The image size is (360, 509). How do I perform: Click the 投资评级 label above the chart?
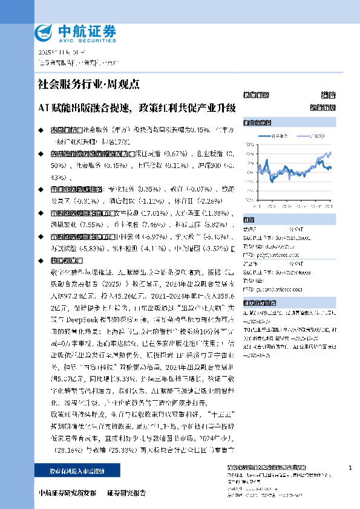click(x=252, y=95)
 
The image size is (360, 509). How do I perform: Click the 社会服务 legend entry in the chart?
click(x=278, y=136)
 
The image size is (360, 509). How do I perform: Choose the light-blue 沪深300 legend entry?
click(x=315, y=136)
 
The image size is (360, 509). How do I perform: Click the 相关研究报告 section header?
click(x=257, y=303)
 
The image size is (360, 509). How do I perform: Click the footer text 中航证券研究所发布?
click(x=67, y=493)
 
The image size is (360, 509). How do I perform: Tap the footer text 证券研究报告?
click(x=126, y=493)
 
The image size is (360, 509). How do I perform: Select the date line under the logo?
click(x=54, y=53)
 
